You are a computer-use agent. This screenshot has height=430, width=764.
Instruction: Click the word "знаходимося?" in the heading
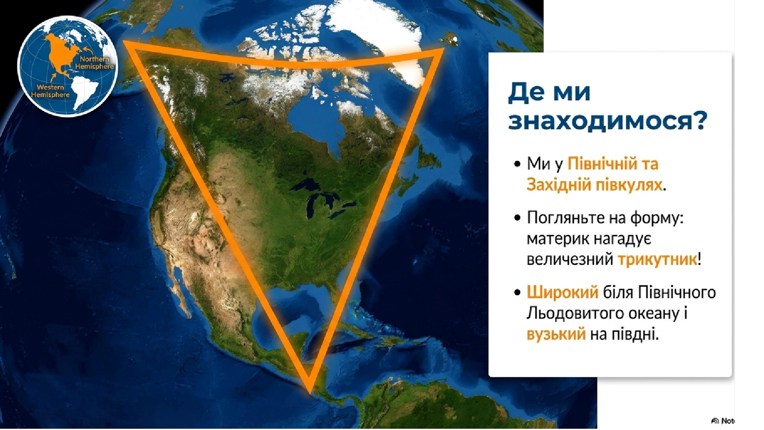tap(607, 121)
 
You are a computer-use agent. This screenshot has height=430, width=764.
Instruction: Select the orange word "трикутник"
tap(657, 259)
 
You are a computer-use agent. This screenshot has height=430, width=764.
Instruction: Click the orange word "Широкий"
tap(563, 292)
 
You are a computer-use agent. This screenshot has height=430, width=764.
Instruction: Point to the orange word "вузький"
tap(556, 334)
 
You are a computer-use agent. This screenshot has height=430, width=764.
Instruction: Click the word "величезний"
tap(570, 260)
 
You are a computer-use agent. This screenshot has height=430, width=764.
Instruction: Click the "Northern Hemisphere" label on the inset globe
tap(94, 63)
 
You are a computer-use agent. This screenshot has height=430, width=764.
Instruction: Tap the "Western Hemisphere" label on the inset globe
tap(50, 91)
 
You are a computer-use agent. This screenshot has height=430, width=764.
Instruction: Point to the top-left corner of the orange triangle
tap(124, 42)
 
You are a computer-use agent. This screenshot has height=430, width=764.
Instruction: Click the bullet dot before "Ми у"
tap(517, 164)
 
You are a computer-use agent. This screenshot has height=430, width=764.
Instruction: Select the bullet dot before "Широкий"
tap(517, 293)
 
